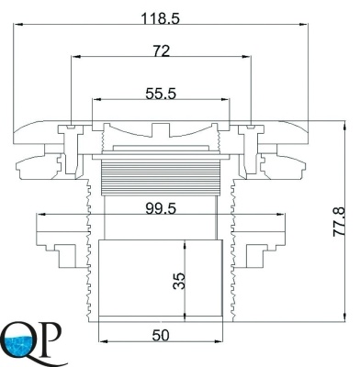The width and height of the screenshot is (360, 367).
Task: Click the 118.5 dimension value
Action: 161,19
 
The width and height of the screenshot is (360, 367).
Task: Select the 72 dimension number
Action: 162,51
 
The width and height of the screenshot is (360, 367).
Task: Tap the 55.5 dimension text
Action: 161,94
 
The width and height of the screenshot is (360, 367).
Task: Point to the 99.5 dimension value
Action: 161,209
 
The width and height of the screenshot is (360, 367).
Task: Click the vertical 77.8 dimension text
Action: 339,221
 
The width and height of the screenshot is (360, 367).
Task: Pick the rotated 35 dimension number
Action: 179,281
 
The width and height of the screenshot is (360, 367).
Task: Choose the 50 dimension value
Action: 161,336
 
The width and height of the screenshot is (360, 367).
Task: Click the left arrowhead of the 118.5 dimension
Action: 18,24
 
